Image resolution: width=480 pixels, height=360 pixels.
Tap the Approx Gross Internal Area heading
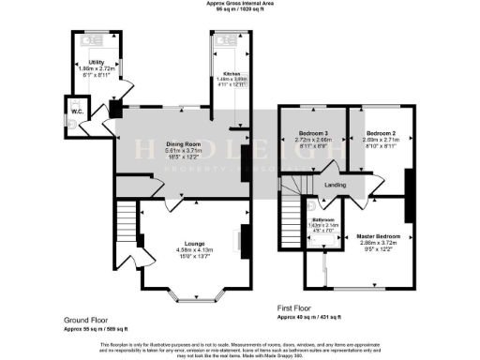[x=240, y=4]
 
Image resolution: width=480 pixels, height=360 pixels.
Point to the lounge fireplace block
[x=244, y=240]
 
